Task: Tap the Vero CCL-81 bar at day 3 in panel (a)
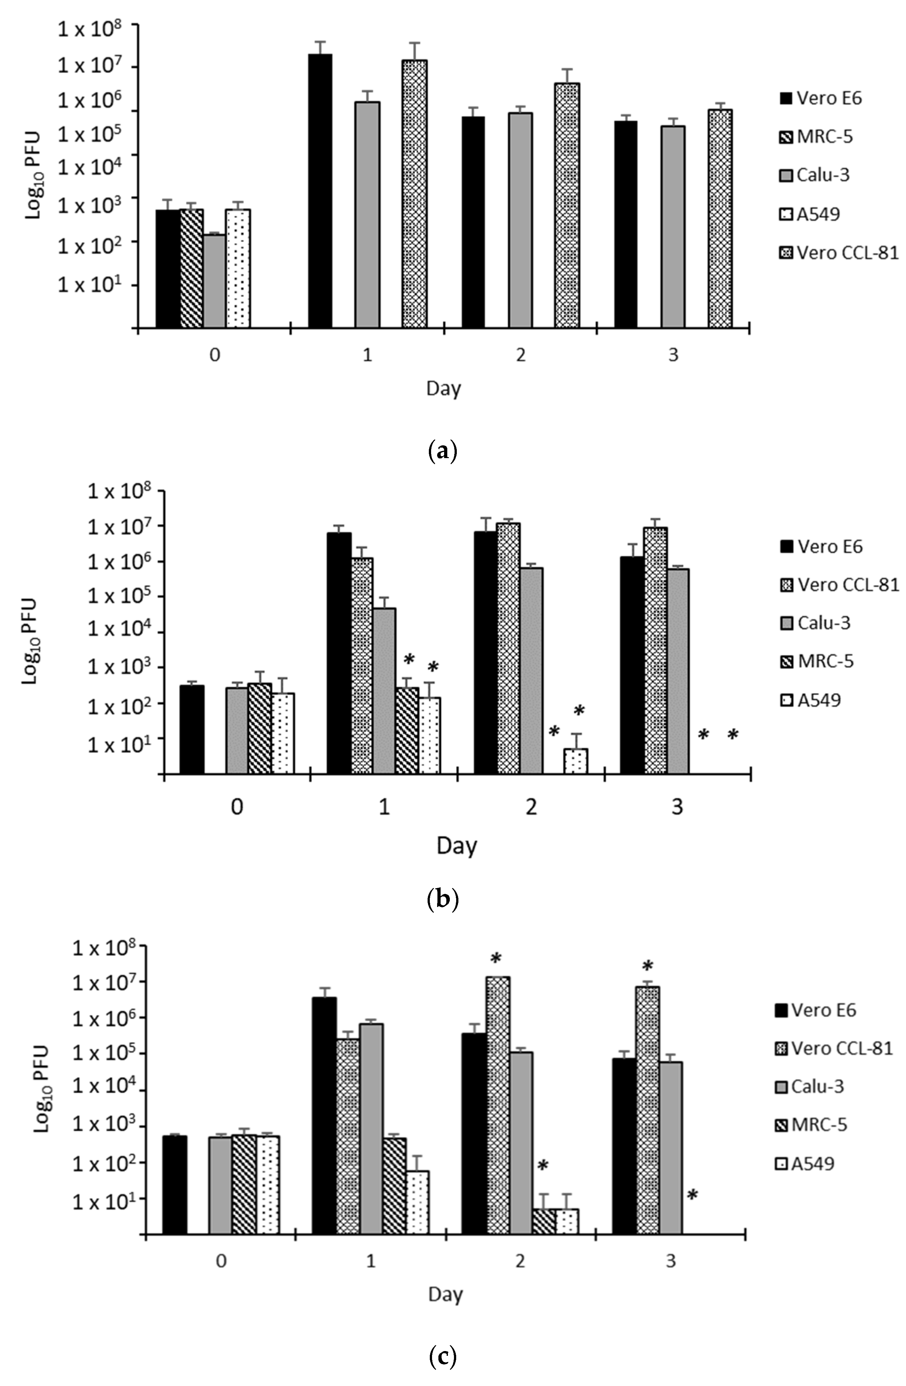coord(720,218)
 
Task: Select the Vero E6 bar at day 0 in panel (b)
coord(192,729)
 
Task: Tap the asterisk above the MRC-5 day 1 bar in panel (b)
coord(409,660)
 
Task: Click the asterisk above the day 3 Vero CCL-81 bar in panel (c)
coord(647,965)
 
